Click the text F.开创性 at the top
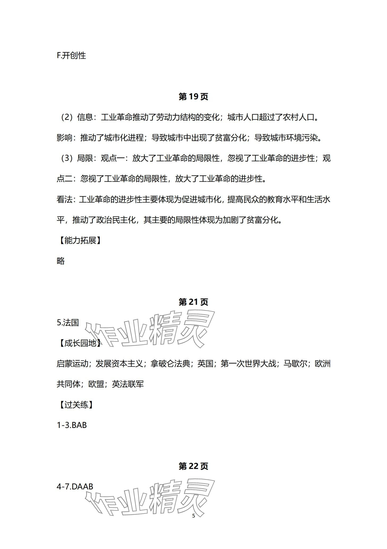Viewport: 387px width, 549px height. tap(71, 56)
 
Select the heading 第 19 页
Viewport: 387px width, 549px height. tap(193, 97)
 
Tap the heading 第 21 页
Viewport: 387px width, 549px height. tap(193, 302)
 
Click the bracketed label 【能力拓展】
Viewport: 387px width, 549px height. tap(80, 240)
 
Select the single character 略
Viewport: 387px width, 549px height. tap(61, 261)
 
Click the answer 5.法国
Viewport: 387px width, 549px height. tap(68, 323)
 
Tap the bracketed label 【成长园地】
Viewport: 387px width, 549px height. tap(80, 343)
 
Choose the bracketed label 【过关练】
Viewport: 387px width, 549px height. tap(76, 405)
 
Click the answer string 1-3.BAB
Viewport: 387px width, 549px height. tap(72, 425)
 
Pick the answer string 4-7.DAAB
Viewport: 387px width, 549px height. tap(75, 486)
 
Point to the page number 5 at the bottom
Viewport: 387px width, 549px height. tap(193, 516)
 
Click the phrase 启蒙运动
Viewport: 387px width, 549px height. tap(72, 364)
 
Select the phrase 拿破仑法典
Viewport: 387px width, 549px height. tap(170, 364)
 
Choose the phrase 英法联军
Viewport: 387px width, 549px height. tap(128, 384)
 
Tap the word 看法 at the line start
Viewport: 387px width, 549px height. tap(64, 199)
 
